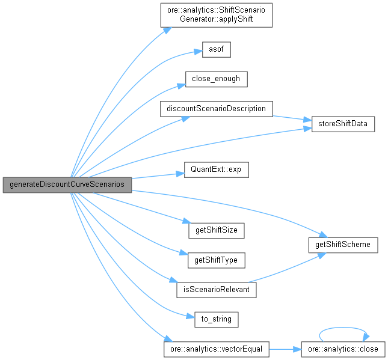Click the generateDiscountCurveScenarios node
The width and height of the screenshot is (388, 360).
[x=67, y=185]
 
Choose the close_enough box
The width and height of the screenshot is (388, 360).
[x=216, y=79]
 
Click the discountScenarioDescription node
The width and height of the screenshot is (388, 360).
[x=217, y=109]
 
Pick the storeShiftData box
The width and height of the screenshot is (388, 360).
[x=343, y=124]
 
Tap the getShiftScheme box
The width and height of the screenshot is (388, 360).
[x=343, y=245]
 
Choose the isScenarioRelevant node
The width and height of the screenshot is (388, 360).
[x=217, y=290]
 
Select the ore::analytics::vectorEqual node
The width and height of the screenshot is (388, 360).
[x=217, y=349]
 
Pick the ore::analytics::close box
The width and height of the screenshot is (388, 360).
[x=343, y=349]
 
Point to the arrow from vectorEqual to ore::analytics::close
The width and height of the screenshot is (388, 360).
[x=285, y=349]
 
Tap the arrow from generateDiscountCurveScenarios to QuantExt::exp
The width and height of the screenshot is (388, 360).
[x=153, y=175]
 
